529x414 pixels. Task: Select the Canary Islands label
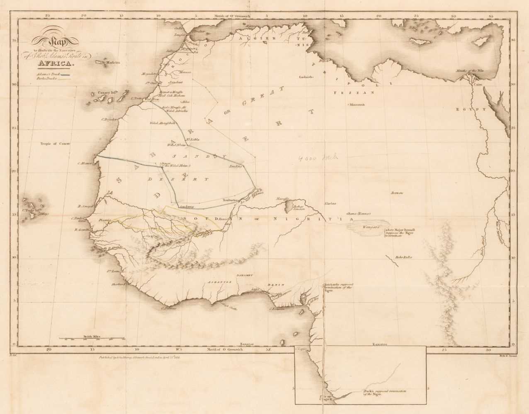pyautogui.click(x=108, y=93)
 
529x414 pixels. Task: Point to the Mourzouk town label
pyautogui.click(x=357, y=104)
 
